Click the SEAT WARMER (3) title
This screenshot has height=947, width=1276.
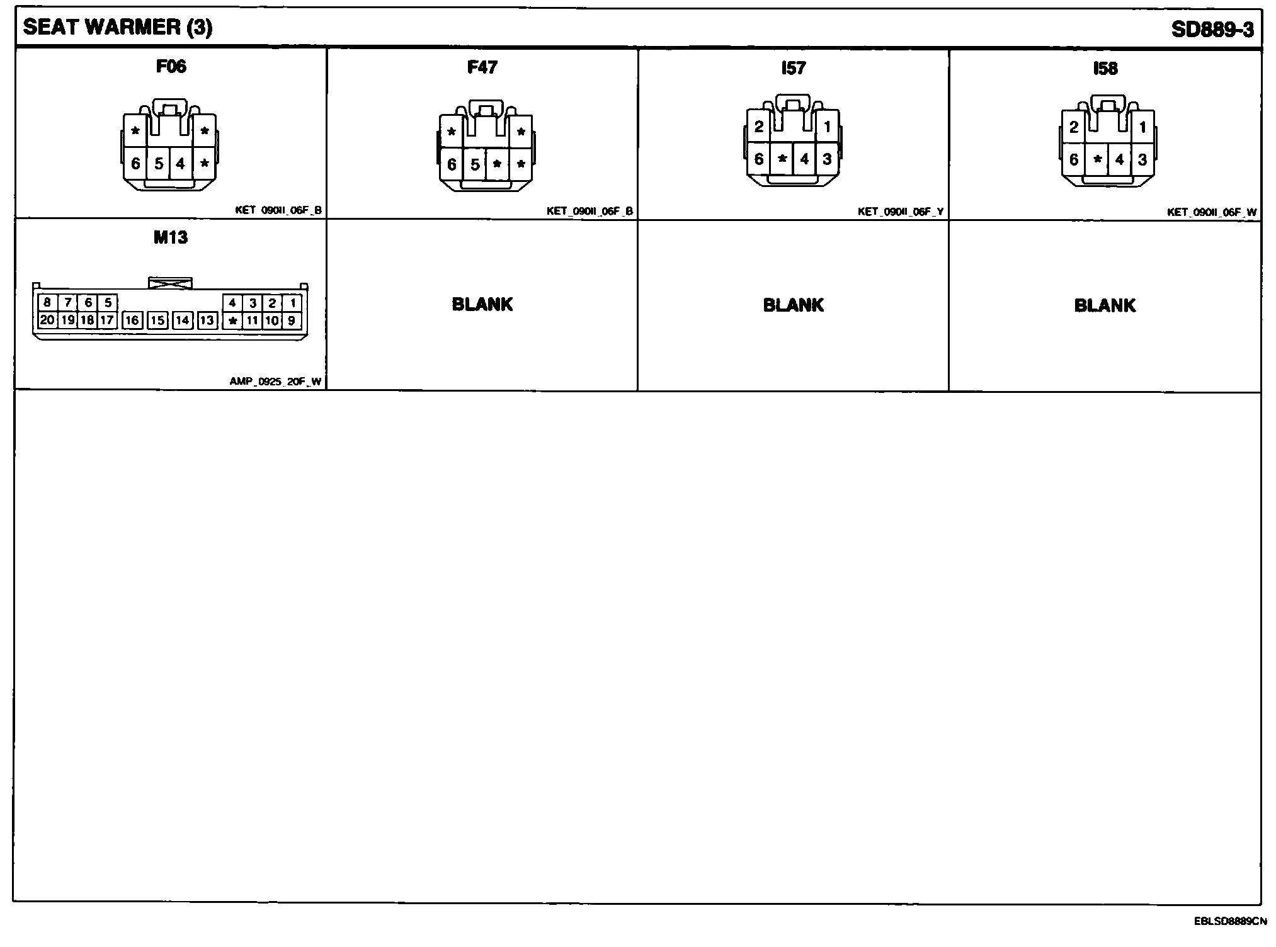point(118,28)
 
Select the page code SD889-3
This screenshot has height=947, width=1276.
point(1212,30)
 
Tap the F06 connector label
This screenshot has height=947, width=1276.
point(171,66)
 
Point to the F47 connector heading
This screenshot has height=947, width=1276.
point(482,67)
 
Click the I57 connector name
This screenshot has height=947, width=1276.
point(793,68)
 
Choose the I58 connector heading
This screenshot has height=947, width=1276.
point(1105,68)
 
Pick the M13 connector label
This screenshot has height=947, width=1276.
point(171,237)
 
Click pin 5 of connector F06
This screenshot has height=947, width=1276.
point(159,164)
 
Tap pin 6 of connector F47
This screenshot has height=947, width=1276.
point(452,165)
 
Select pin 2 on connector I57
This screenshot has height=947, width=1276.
point(759,127)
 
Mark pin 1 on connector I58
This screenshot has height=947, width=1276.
point(1142,128)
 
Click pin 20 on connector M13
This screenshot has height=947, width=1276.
point(47,320)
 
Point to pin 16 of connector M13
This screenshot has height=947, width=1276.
point(132,320)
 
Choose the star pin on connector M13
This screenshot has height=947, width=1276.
point(233,320)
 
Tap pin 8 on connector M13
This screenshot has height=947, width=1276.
point(47,303)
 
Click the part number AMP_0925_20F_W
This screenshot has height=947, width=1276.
point(275,381)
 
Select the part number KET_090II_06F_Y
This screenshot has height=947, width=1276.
point(900,212)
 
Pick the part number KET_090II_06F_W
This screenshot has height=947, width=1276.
point(1211,212)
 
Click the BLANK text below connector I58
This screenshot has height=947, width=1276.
point(1105,305)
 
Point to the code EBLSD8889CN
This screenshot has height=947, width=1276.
point(1230,921)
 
